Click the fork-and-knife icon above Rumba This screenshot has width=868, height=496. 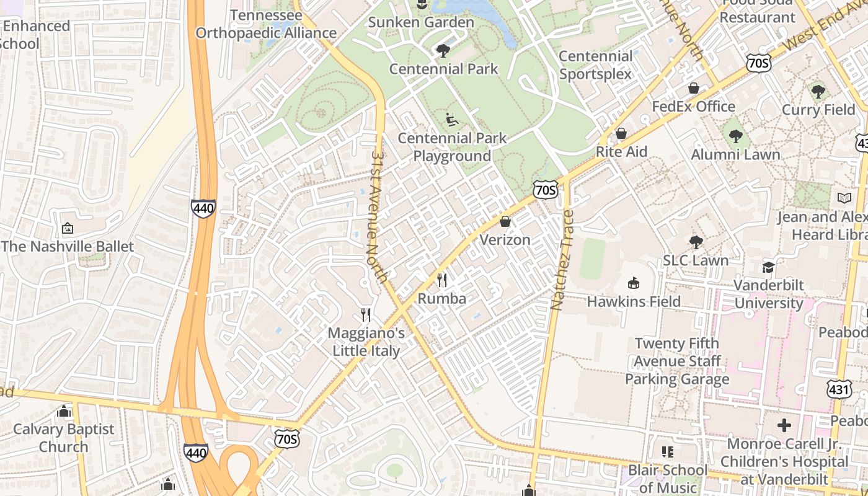pos(441,280)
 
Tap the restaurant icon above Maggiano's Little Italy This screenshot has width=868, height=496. pos(366,315)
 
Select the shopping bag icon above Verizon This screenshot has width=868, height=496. pos(505,221)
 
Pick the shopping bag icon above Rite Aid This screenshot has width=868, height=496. pos(621,133)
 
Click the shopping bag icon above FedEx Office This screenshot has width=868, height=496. pos(694,88)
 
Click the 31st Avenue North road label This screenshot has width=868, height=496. pos(379,216)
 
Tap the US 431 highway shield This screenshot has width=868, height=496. pos(839,389)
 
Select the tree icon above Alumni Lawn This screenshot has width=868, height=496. pos(735,136)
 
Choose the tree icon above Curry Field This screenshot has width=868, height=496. pos(818,92)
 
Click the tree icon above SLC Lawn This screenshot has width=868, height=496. pos(696,242)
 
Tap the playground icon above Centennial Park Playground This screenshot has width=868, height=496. pos(452,119)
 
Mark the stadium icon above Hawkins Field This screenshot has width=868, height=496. pos(633,283)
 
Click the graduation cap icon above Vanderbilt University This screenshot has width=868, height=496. pos(768,267)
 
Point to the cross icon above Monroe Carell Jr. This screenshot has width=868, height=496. pos(784,425)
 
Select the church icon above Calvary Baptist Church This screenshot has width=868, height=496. pos(64,411)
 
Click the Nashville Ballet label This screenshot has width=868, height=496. pos(67,246)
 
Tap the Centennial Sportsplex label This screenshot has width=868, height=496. pos(595,65)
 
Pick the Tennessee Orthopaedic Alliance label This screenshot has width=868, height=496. pos(266,24)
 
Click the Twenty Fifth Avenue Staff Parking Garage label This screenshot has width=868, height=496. pos(676,361)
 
